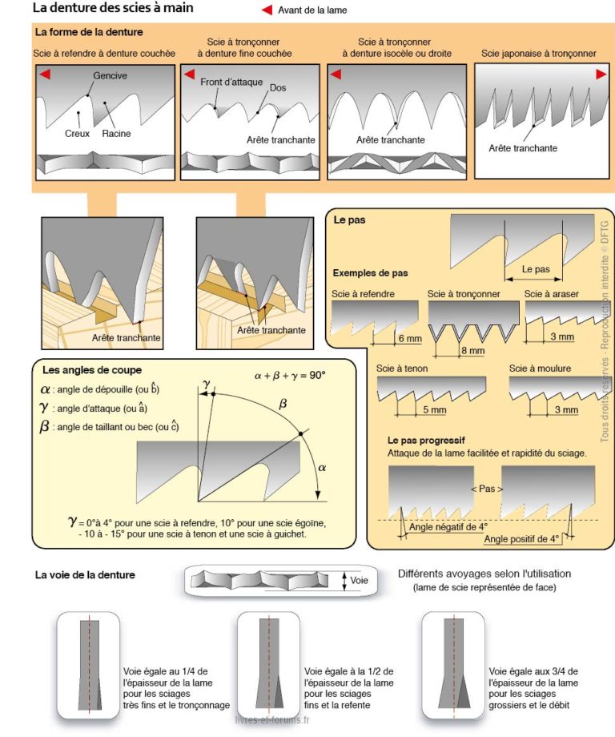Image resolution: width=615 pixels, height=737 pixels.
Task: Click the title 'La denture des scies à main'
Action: pos(112,8)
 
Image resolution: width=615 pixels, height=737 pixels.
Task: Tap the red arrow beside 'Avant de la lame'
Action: pos(267,10)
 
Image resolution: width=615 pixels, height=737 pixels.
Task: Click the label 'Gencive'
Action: pos(110,76)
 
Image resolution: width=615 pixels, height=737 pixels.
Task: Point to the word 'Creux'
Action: pos(77,134)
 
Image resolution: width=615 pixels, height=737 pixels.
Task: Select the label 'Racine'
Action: pos(116,134)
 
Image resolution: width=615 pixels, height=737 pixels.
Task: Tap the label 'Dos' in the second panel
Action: pos(278,88)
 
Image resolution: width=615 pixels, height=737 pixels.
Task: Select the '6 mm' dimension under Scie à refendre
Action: pos(408,339)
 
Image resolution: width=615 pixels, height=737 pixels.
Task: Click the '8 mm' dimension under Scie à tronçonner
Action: pos(472,351)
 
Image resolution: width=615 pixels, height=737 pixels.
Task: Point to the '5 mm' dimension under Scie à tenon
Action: pos(434,410)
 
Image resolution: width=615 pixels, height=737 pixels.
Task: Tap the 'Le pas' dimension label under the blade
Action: pos(536,269)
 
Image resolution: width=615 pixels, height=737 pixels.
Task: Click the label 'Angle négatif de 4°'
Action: pos(448,527)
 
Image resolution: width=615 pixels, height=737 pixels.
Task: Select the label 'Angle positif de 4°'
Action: pos(521,539)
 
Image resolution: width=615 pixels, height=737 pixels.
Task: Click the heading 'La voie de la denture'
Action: pos(85,574)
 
